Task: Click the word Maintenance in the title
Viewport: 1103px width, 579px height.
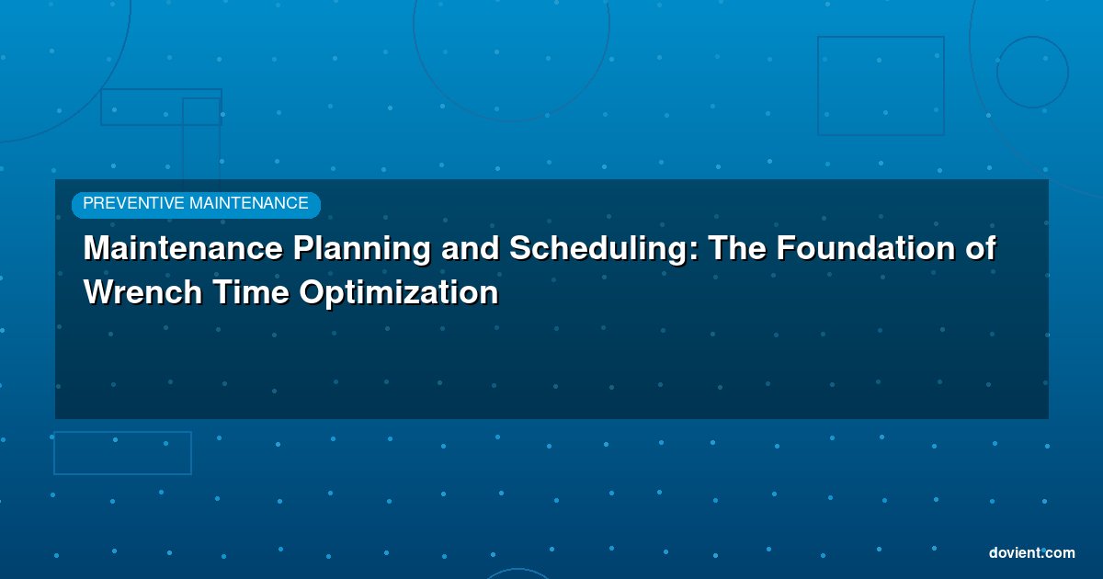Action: coord(183,247)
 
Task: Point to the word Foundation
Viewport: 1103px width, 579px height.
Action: coord(866,247)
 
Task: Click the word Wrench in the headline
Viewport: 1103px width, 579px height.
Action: coord(143,292)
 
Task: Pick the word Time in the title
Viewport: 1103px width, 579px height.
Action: coord(251,292)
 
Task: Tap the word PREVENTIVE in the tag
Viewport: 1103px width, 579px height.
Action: coord(133,203)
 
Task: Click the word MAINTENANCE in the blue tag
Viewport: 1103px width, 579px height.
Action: coord(249,203)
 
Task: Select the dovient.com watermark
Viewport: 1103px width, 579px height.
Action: coord(1032,553)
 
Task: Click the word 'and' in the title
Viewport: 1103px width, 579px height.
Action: coord(471,247)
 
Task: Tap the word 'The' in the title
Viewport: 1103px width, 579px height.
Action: coord(737,247)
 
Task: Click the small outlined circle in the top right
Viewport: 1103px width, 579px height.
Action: coord(997,72)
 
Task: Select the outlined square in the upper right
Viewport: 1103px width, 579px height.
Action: coord(818,85)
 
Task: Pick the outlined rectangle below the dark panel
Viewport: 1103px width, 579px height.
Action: coord(54,453)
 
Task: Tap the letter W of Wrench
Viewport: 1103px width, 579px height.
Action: coord(102,292)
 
